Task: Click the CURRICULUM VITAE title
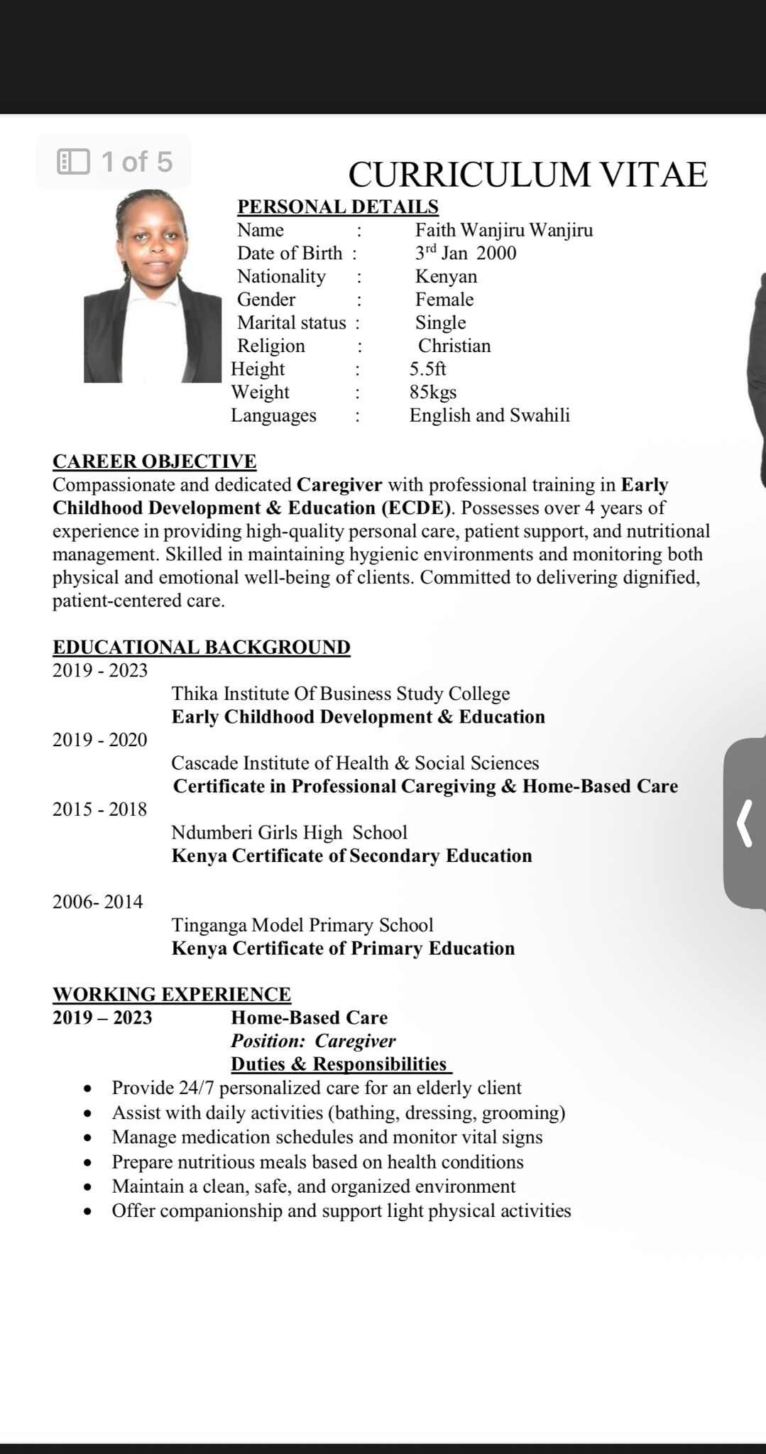(527, 174)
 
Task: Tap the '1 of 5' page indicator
(114, 162)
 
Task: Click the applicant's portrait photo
(152, 287)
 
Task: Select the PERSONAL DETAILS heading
(337, 207)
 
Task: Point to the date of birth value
(465, 253)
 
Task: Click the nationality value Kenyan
(446, 276)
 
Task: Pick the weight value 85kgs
(432, 392)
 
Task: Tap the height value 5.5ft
(427, 369)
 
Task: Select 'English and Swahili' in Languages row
(489, 415)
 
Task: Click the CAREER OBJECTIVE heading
(154, 461)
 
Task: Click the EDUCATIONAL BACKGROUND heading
(201, 647)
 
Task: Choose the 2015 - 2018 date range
(99, 809)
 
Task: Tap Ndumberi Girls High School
(289, 833)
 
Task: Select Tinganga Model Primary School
(302, 925)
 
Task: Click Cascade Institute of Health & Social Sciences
(355, 763)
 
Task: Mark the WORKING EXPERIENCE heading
(171, 995)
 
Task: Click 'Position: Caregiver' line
(313, 1042)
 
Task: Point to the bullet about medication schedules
(327, 1137)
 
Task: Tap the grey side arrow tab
(745, 824)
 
